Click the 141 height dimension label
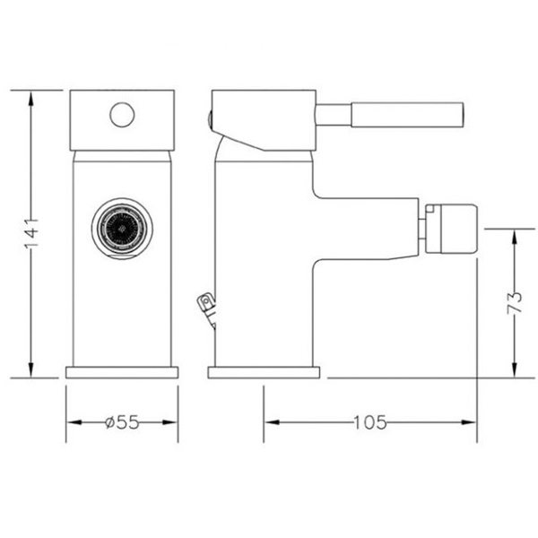31,233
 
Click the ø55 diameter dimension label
122,422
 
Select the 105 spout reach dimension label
369,422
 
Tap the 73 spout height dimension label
514,302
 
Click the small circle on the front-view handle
122,115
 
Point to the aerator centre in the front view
122,228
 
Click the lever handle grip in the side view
407,115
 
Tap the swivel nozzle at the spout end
451,229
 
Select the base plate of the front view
122,372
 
